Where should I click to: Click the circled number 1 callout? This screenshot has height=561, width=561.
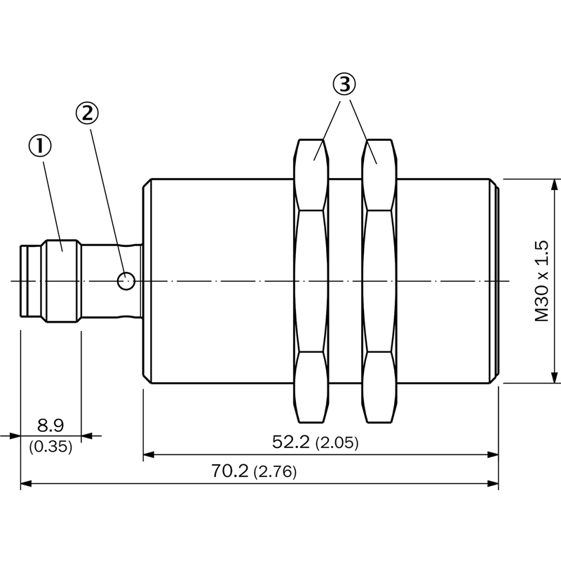click(x=40, y=147)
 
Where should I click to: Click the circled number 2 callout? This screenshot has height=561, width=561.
click(x=87, y=113)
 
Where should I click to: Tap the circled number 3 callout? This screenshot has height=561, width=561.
click(x=344, y=84)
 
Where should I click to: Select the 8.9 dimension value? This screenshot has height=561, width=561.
click(x=50, y=426)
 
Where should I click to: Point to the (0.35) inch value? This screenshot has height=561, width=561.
click(x=50, y=446)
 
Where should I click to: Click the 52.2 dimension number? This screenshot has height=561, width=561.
click(x=290, y=442)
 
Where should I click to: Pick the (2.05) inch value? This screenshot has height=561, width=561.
click(x=337, y=443)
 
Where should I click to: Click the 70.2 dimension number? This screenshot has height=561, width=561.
click(x=229, y=471)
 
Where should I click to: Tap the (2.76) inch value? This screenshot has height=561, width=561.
click(x=275, y=472)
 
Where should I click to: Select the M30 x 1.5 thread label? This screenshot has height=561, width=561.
click(x=541, y=281)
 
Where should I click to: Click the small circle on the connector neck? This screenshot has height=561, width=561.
click(x=126, y=281)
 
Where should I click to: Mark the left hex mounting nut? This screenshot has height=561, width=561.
click(x=311, y=281)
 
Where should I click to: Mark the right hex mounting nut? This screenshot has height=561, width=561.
click(x=379, y=281)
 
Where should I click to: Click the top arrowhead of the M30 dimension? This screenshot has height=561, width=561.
click(x=554, y=185)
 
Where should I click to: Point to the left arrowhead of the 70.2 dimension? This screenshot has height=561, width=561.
click(x=27, y=484)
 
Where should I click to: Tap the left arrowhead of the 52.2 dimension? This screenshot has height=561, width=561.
click(x=149, y=454)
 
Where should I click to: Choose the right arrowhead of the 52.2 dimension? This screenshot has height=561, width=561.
click(x=493, y=454)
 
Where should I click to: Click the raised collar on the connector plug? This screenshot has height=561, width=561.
click(x=62, y=281)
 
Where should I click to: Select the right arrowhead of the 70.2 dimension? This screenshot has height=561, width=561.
click(x=493, y=484)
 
